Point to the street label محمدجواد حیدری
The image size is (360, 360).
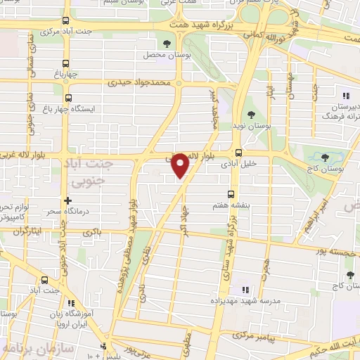[x=139, y=82]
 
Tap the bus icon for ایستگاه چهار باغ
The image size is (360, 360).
[x=68, y=98]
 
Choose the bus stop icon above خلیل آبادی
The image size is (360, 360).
[x=239, y=152]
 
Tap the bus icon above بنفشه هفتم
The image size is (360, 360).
[x=229, y=195]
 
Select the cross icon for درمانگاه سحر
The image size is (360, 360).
[x=67, y=200]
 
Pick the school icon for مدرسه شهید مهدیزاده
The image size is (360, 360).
[x=245, y=289]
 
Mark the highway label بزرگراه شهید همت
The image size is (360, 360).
[x=201, y=23]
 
